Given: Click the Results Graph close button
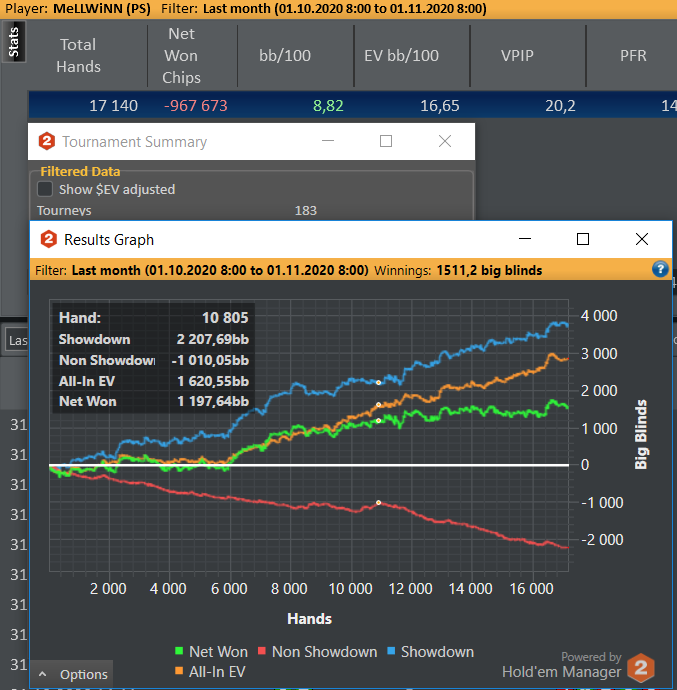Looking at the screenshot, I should (x=642, y=240).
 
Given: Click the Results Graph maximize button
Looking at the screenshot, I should (x=583, y=240).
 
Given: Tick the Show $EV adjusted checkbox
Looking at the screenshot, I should (x=45, y=189).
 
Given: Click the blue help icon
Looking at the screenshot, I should (x=660, y=270).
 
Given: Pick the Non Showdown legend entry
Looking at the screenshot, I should (x=316, y=652).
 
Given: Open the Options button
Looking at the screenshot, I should (x=74, y=674).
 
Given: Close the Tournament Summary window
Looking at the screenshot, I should (x=445, y=142).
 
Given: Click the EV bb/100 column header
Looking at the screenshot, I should (x=401, y=56).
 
